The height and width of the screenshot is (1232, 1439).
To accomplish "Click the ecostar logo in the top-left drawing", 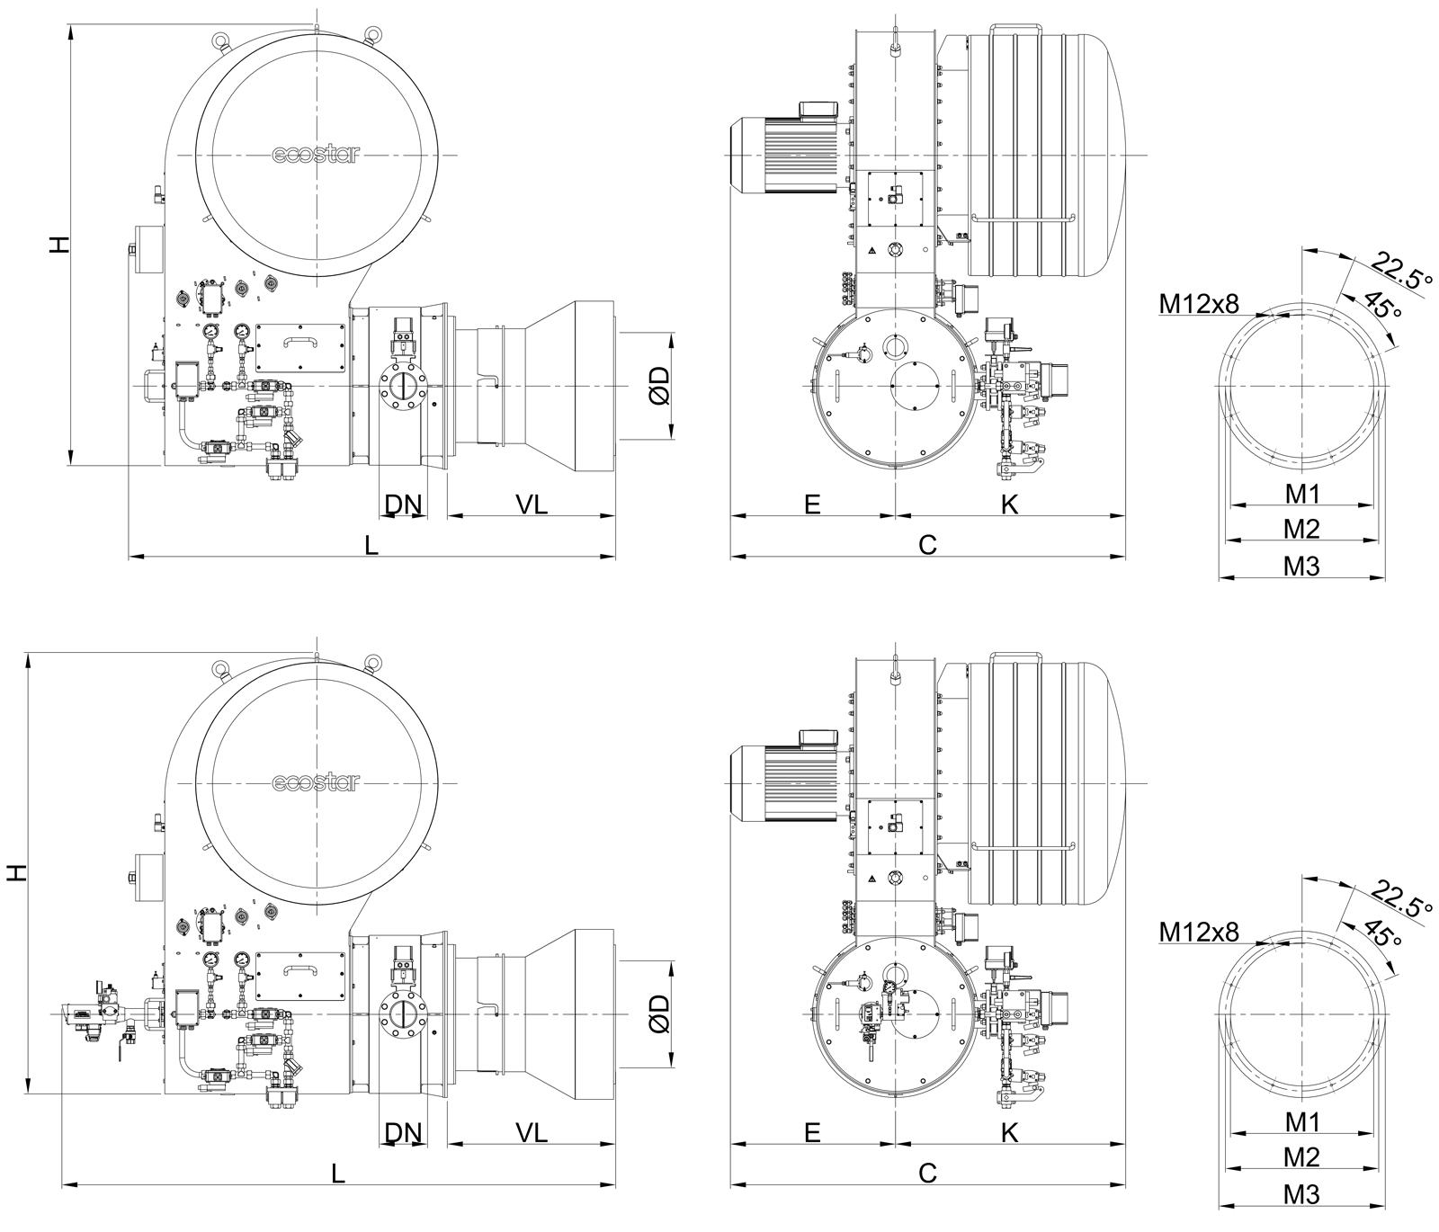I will pyautogui.click(x=316, y=155).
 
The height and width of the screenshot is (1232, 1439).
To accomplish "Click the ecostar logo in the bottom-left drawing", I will pyautogui.click(x=316, y=783).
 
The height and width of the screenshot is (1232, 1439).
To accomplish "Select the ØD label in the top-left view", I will pyautogui.click(x=660, y=385).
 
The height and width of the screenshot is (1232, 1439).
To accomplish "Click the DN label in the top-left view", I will pyautogui.click(x=403, y=504).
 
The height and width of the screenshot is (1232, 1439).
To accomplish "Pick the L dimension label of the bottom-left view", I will pyautogui.click(x=338, y=1173).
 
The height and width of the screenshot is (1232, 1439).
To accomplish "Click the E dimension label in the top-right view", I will pyautogui.click(x=812, y=504).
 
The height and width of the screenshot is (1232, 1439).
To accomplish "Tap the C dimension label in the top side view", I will pyautogui.click(x=927, y=544).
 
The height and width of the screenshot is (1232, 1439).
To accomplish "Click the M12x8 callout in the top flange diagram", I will pyautogui.click(x=1199, y=304).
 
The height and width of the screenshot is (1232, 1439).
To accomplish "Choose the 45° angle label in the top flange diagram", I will pyautogui.click(x=1382, y=305).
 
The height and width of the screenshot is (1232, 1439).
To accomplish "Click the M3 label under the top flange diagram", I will pyautogui.click(x=1300, y=566).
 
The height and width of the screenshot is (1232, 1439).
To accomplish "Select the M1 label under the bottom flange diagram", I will pyautogui.click(x=1300, y=1121).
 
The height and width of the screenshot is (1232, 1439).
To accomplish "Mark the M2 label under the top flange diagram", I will pyautogui.click(x=1300, y=529).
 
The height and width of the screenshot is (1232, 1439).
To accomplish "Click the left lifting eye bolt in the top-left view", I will pyautogui.click(x=219, y=40).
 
